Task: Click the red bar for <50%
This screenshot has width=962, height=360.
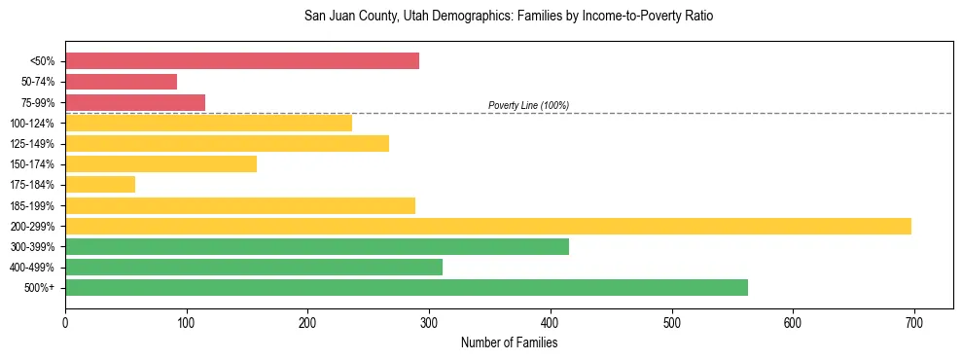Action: click(242, 61)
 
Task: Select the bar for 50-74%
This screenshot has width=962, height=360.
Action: click(122, 82)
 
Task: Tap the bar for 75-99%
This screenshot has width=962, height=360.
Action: click(135, 102)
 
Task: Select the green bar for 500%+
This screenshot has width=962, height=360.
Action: click(407, 287)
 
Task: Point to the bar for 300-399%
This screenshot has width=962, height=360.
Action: click(317, 246)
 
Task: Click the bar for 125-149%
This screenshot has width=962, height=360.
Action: click(227, 143)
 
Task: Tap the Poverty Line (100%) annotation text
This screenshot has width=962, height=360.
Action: click(528, 105)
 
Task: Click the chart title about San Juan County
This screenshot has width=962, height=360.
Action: click(509, 17)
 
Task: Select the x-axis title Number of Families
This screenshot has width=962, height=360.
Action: click(509, 342)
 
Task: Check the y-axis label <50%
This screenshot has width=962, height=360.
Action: click(43, 61)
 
